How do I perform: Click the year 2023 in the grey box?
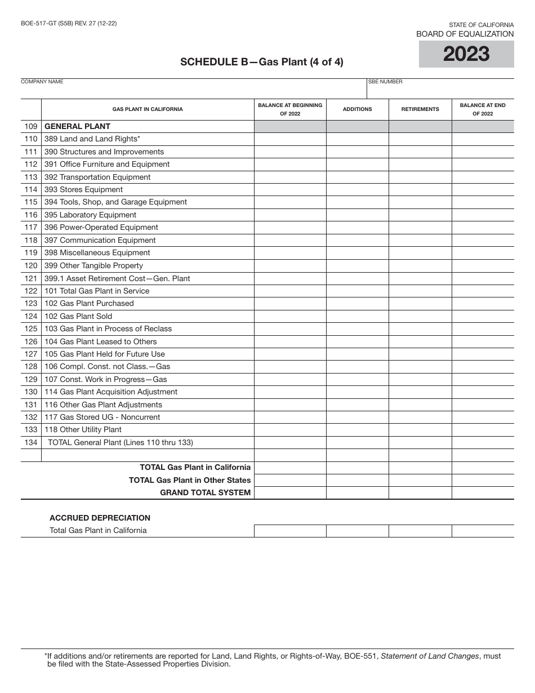coord(466,54)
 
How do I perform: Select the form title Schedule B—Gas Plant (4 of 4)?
coord(262,62)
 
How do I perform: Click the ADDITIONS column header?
coord(358,109)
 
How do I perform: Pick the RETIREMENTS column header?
coord(420,109)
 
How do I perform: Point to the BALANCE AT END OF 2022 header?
coord(483,109)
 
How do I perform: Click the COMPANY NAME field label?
coord(42,82)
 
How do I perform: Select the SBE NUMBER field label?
coord(386,82)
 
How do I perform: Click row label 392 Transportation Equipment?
coord(97,177)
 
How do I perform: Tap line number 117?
coord(31,228)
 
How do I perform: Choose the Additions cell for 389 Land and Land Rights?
coord(358,139)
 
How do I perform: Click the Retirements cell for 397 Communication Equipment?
coord(420,240)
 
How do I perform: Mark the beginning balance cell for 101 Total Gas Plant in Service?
coord(290,291)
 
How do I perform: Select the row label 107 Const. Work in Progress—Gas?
coord(105,379)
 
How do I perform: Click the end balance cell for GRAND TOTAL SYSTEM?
coord(483,492)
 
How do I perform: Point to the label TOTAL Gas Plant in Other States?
coord(190,480)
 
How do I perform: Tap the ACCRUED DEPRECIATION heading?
coord(100,518)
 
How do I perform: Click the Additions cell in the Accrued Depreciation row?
coord(358,531)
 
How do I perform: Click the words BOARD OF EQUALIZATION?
coord(465,34)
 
